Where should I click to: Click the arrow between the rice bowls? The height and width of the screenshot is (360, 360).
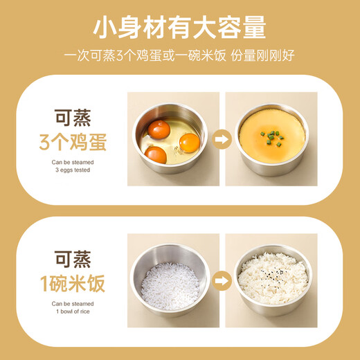click(x=219, y=280)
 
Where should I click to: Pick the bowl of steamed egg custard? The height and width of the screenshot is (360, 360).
click(x=271, y=137)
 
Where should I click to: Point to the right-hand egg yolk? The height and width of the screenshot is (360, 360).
click(x=189, y=142)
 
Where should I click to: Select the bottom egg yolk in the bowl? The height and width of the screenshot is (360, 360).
click(x=156, y=154)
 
